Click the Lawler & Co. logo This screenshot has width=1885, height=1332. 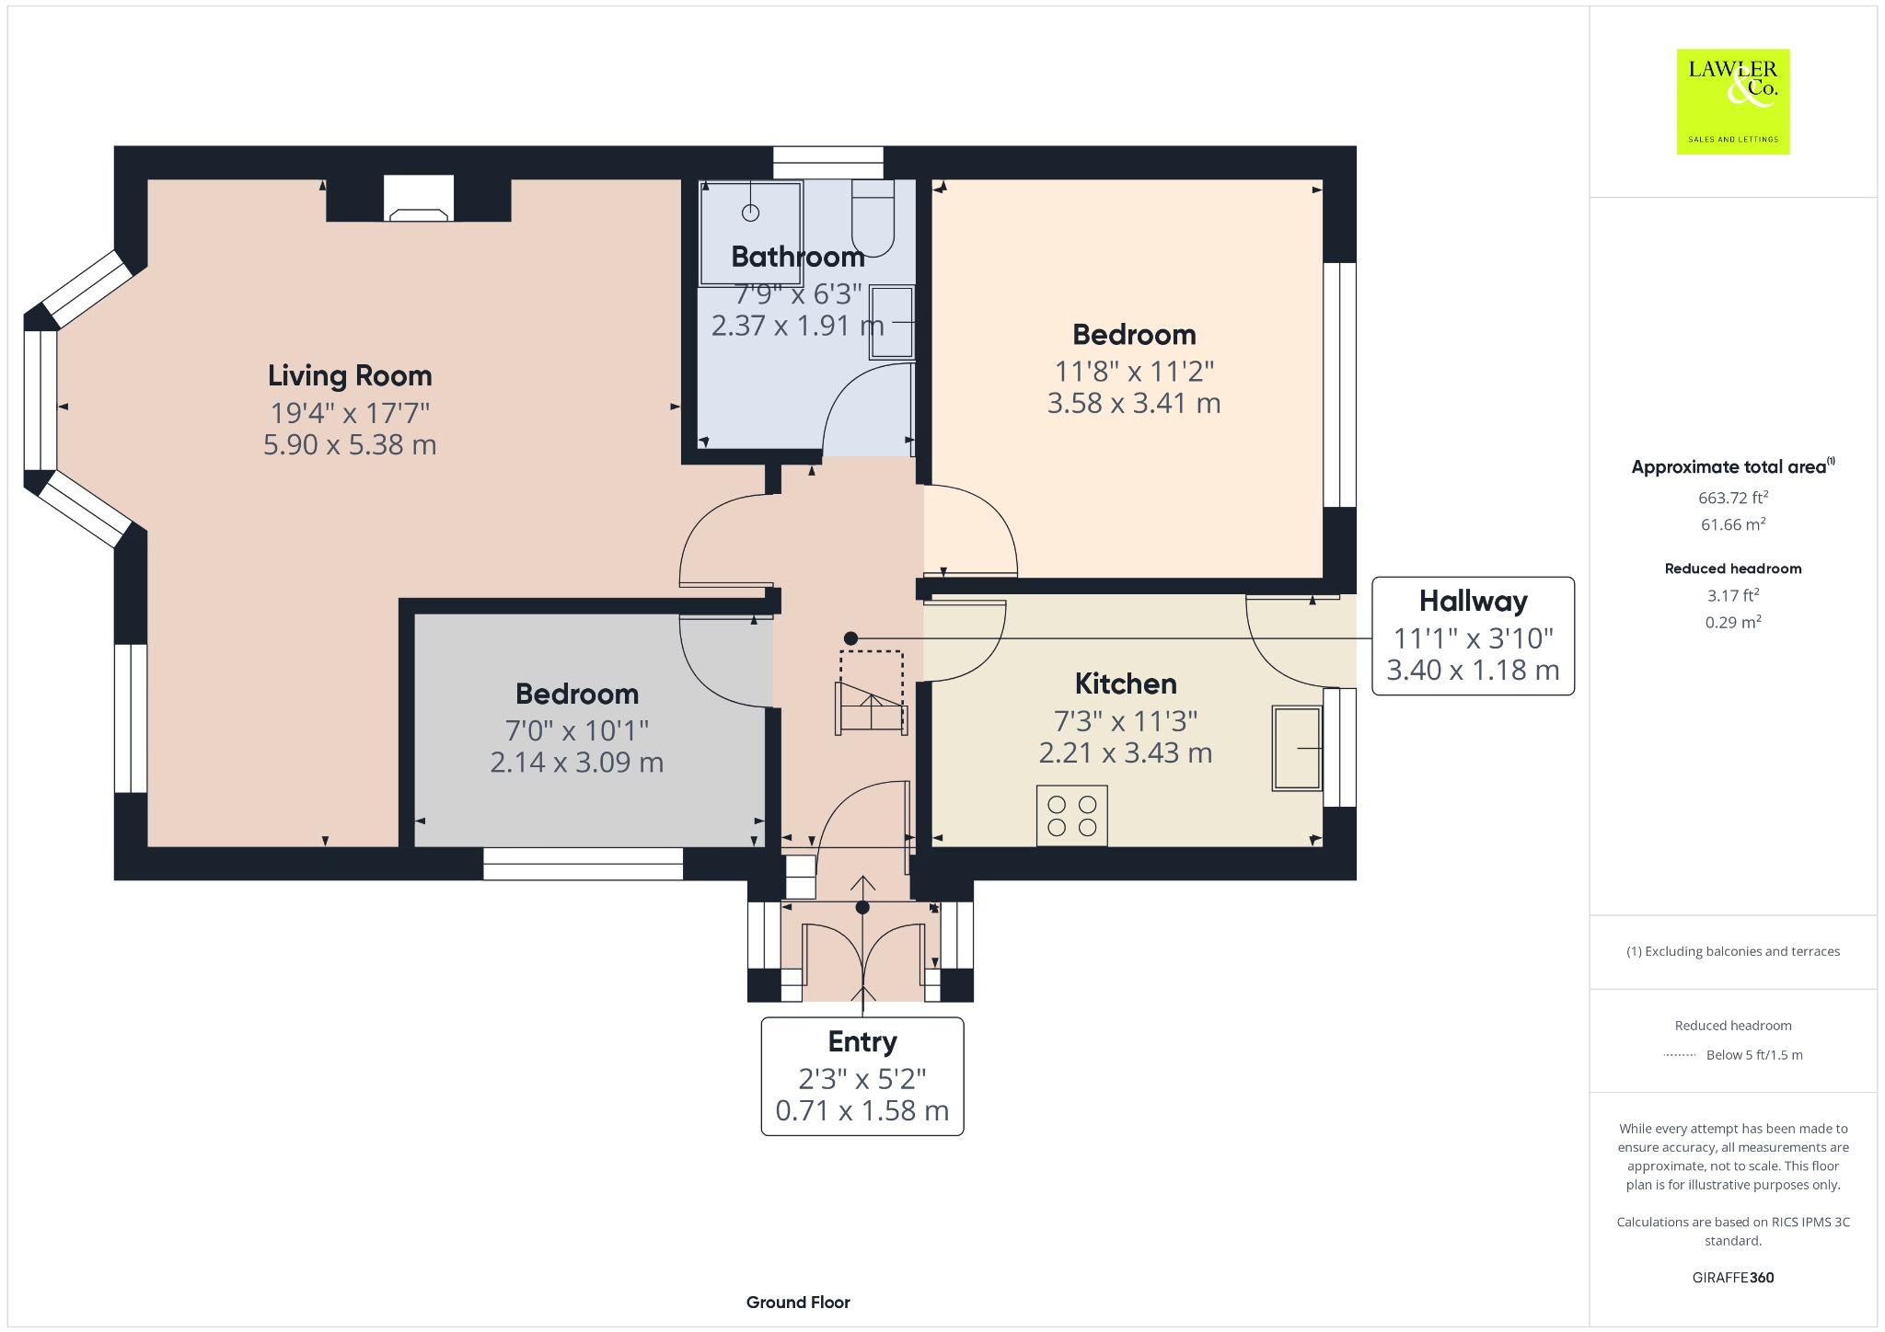point(1732,101)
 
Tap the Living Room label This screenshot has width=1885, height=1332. point(350,375)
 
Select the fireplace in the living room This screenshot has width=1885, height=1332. point(419,199)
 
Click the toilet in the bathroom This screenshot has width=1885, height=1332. point(873,219)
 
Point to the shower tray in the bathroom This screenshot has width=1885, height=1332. point(750,233)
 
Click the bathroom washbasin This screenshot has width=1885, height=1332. point(891,322)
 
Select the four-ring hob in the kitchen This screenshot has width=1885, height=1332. point(1071,815)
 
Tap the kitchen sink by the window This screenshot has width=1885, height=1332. point(1297,748)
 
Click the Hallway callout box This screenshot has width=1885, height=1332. point(1473,636)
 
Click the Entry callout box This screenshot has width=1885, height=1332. point(862,1075)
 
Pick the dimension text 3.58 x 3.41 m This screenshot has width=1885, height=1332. point(1134,404)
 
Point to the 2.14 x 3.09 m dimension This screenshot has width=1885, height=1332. point(576,763)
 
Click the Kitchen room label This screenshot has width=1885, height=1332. point(1126,683)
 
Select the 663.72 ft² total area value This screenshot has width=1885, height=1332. point(1732,498)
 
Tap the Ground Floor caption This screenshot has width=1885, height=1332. point(798,1302)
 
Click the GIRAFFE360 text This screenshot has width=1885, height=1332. point(1732,1277)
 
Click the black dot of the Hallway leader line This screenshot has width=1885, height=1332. point(851,638)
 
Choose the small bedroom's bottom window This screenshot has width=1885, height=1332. point(583,864)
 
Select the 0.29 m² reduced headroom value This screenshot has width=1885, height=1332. point(1732,622)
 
